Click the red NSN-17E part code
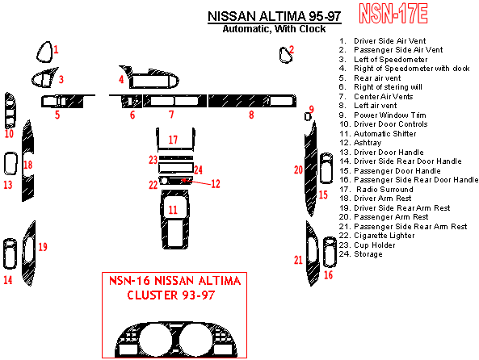click(x=393, y=14)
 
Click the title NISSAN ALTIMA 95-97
click(x=275, y=16)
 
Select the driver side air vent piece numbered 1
click(x=44, y=52)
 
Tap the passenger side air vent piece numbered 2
click(x=285, y=55)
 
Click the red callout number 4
click(x=121, y=79)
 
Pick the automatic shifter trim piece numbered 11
click(x=174, y=220)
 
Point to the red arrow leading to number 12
click(x=196, y=182)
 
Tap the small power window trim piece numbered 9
click(x=308, y=117)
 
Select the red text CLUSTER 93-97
click(x=171, y=295)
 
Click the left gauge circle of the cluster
click(x=155, y=340)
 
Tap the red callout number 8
click(x=251, y=115)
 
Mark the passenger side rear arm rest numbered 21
click(x=313, y=253)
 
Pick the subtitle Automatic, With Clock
click(x=274, y=29)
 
